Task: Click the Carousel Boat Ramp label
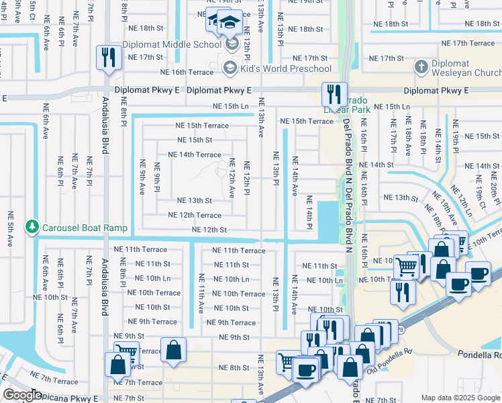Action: tap(85, 228)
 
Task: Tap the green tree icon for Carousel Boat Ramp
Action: tap(32, 228)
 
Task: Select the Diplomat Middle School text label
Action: tap(171, 45)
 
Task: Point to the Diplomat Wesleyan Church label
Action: tap(466, 68)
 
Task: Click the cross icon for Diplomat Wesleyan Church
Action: tap(420, 66)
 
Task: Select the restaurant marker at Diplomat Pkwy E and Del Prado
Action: tap(334, 94)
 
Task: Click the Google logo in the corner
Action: tap(23, 395)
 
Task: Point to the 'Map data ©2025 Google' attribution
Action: tap(460, 398)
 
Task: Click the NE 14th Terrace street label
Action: tap(194, 154)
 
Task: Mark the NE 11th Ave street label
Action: tap(201, 289)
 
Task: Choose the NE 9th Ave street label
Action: tap(142, 177)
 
